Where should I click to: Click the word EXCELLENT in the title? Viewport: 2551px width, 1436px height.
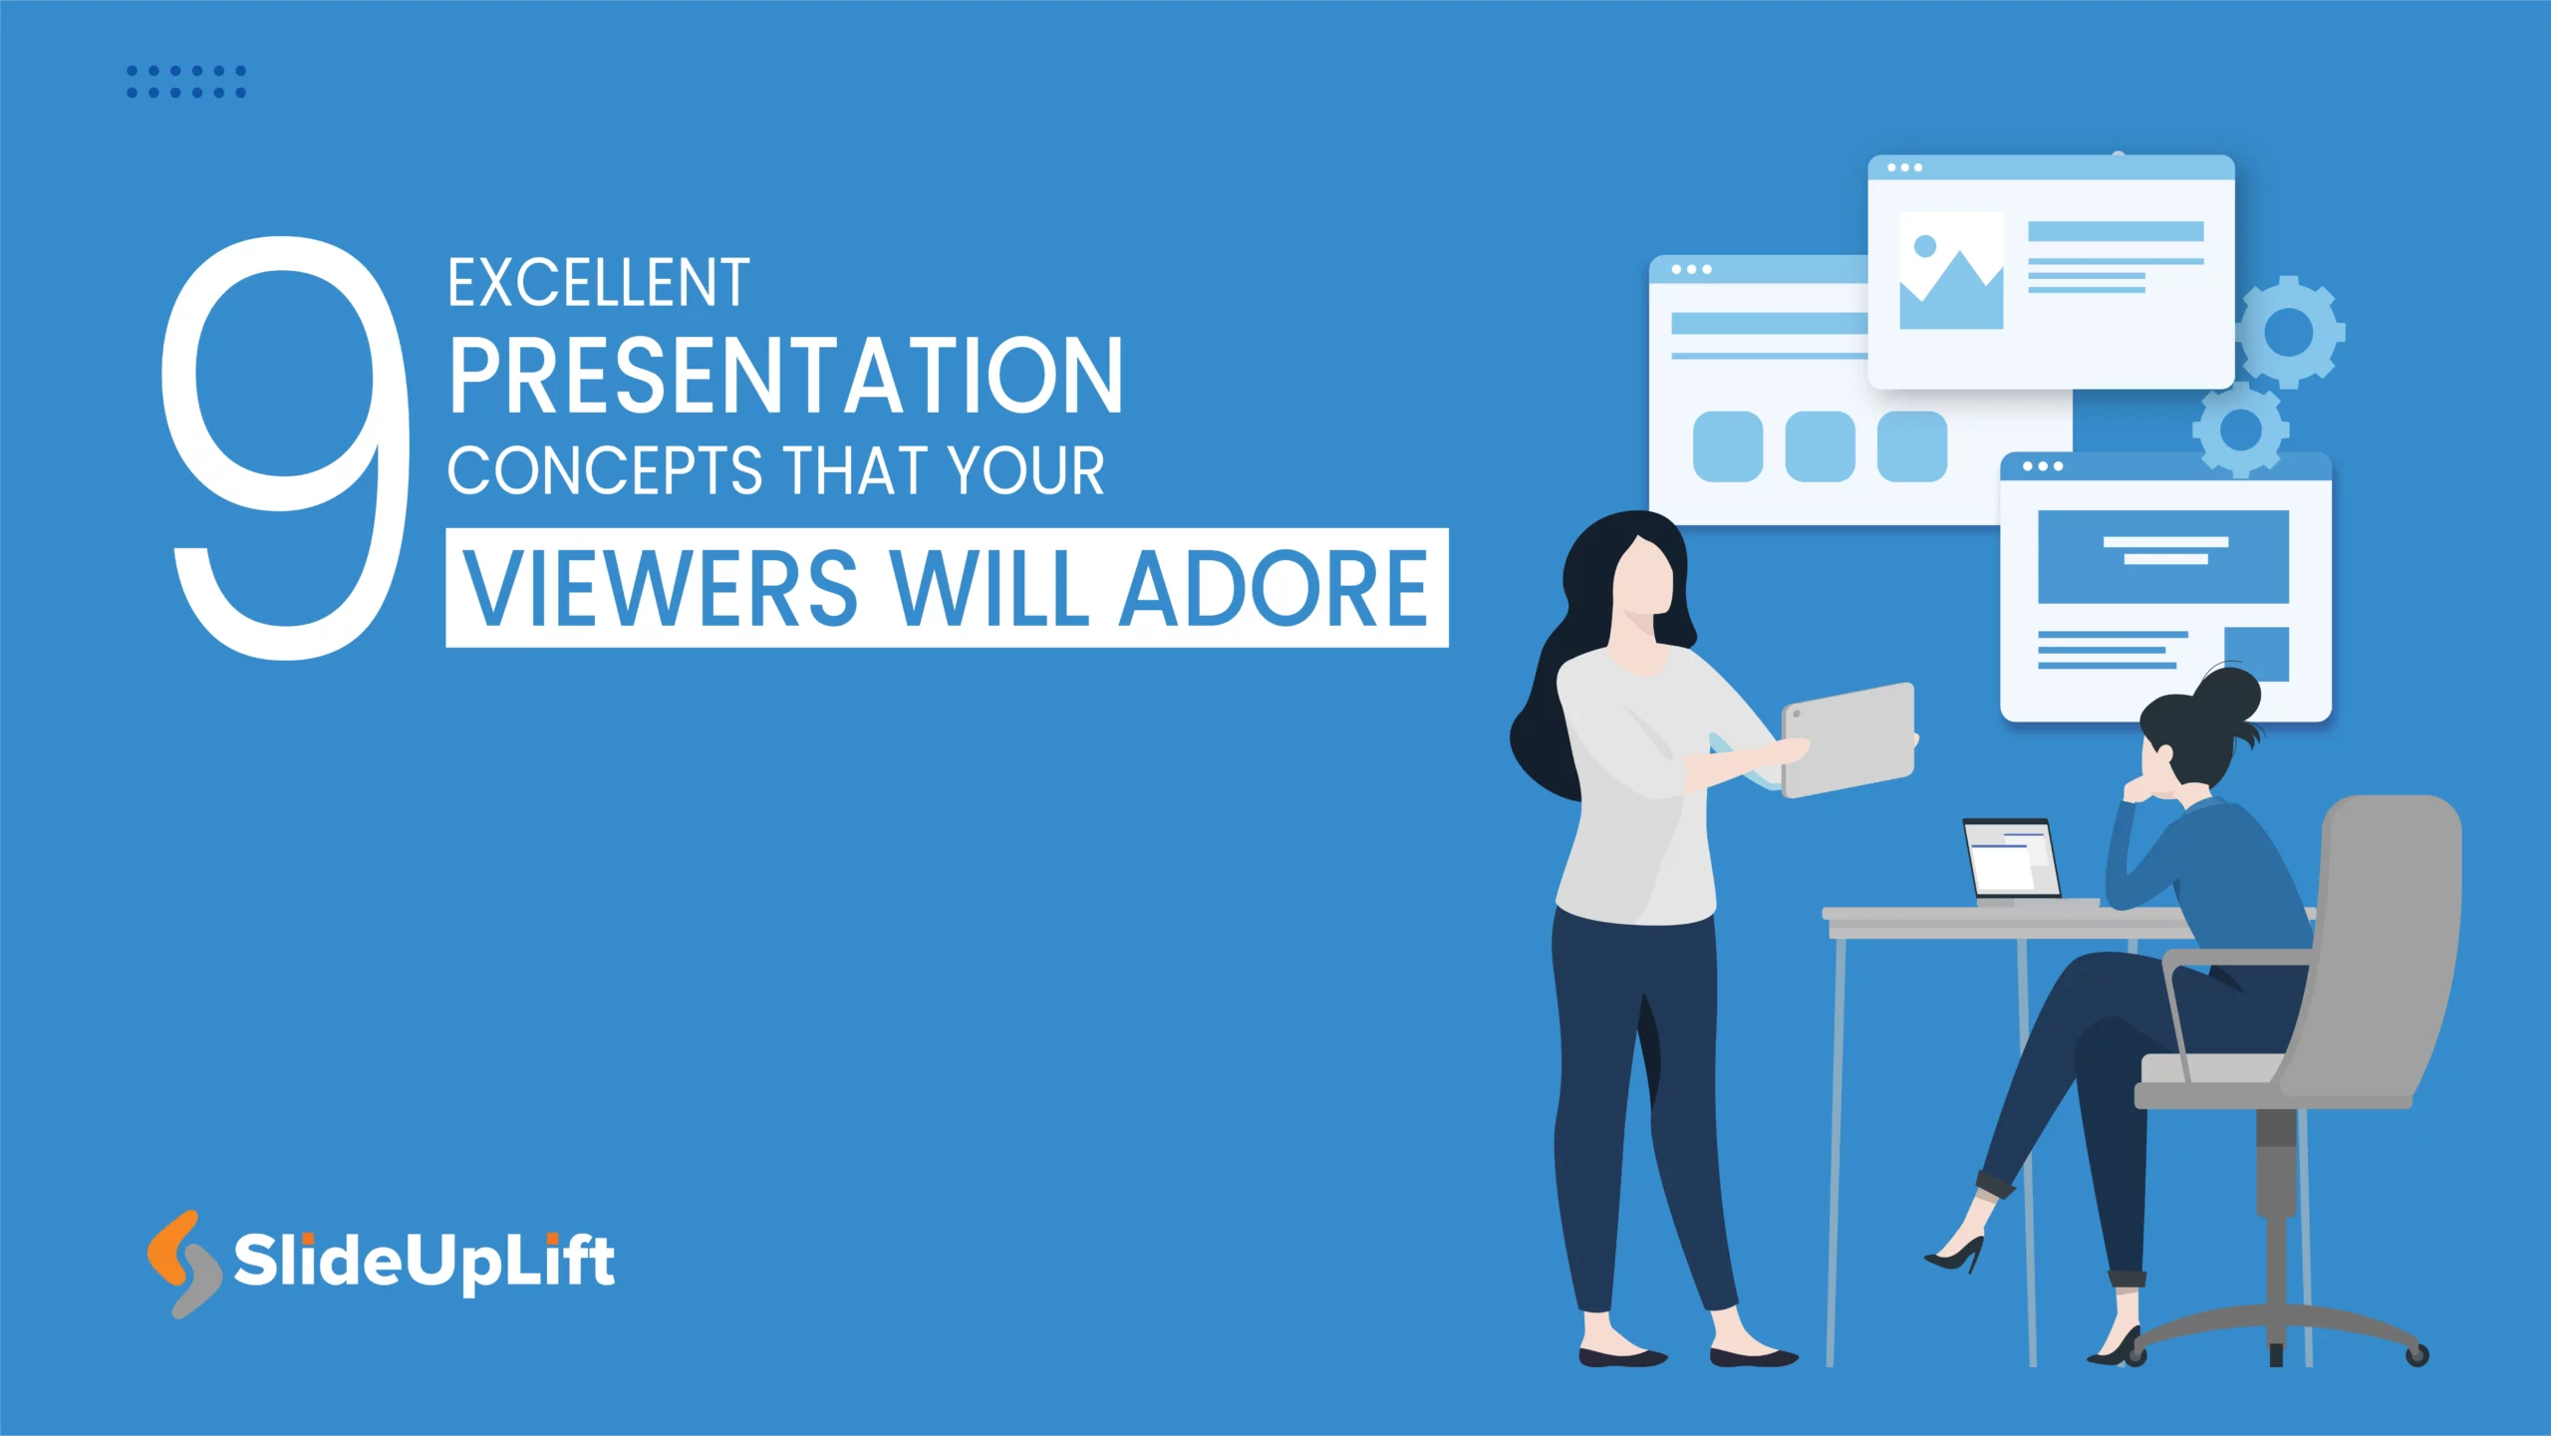pyautogui.click(x=598, y=284)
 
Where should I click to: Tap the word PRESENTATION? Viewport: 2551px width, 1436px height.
pyautogui.click(x=785, y=376)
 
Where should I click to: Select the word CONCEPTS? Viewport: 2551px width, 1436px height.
pyautogui.click(x=604, y=470)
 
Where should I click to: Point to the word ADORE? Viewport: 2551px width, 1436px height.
pyautogui.click(x=1274, y=589)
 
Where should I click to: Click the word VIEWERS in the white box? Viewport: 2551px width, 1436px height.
pyautogui.click(x=661, y=589)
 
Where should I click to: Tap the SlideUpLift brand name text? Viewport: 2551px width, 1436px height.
pyautogui.click(x=424, y=1262)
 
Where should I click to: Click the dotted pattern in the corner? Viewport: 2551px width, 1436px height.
pyautogui.click(x=186, y=82)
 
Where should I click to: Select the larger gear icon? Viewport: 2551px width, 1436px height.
pyautogui.click(x=2289, y=332)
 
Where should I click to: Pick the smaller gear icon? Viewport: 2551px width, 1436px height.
pyautogui.click(x=2240, y=430)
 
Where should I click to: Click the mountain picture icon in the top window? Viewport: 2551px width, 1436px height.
pyautogui.click(x=1950, y=271)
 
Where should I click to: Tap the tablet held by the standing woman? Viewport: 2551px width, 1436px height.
pyautogui.click(x=1849, y=739)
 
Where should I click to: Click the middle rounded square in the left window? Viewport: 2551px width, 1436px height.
pyautogui.click(x=1820, y=446)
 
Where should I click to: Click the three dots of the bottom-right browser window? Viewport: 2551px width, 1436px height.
pyautogui.click(x=2043, y=466)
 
